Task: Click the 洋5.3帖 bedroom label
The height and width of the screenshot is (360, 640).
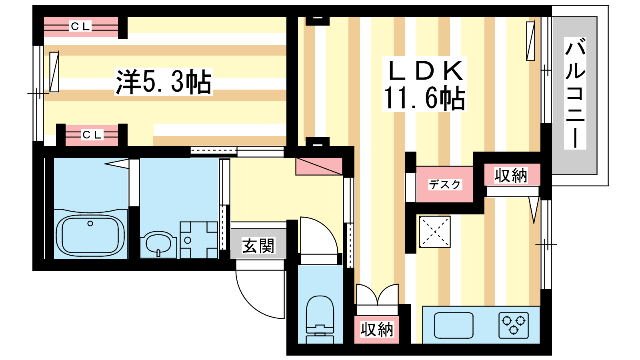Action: (164, 82)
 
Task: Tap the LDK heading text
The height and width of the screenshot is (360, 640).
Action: (425, 70)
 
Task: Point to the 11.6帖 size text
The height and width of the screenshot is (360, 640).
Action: (424, 98)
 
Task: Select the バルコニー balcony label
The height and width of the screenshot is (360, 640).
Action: (575, 93)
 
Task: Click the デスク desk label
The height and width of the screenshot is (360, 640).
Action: (445, 184)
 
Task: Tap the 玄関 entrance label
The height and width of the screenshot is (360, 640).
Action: (258, 246)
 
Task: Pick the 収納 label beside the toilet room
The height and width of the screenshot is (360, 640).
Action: (377, 330)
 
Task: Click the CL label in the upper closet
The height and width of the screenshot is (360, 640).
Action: (80, 26)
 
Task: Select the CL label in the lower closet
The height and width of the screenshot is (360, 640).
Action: (92, 135)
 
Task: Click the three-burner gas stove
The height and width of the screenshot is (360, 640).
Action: (514, 326)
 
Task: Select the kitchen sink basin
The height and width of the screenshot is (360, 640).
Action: (454, 326)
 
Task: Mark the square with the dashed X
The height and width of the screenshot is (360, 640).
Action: (434, 232)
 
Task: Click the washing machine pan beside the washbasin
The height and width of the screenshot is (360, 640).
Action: (199, 240)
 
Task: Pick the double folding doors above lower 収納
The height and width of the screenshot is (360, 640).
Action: (377, 295)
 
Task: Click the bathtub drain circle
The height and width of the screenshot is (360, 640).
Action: (90, 224)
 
